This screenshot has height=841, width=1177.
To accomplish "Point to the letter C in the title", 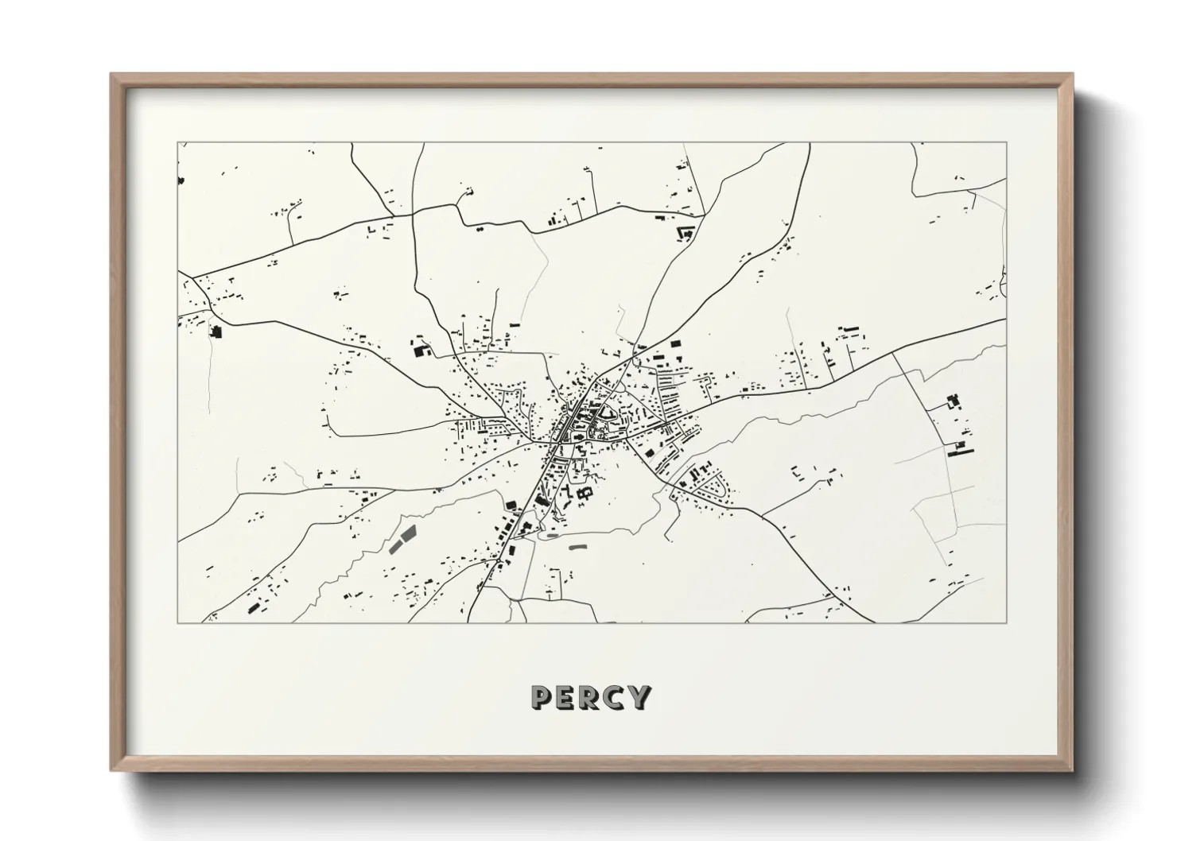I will point(615,698).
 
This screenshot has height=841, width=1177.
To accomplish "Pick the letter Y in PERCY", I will point(639,698).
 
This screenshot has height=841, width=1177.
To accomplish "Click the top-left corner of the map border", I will point(177,143).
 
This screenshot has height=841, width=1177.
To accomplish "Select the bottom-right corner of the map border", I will point(1007,622).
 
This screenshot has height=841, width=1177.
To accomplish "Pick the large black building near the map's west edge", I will point(215,331).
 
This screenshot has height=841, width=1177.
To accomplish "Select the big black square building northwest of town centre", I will point(417,347).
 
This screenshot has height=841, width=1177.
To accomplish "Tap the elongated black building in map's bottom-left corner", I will point(254,608).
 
